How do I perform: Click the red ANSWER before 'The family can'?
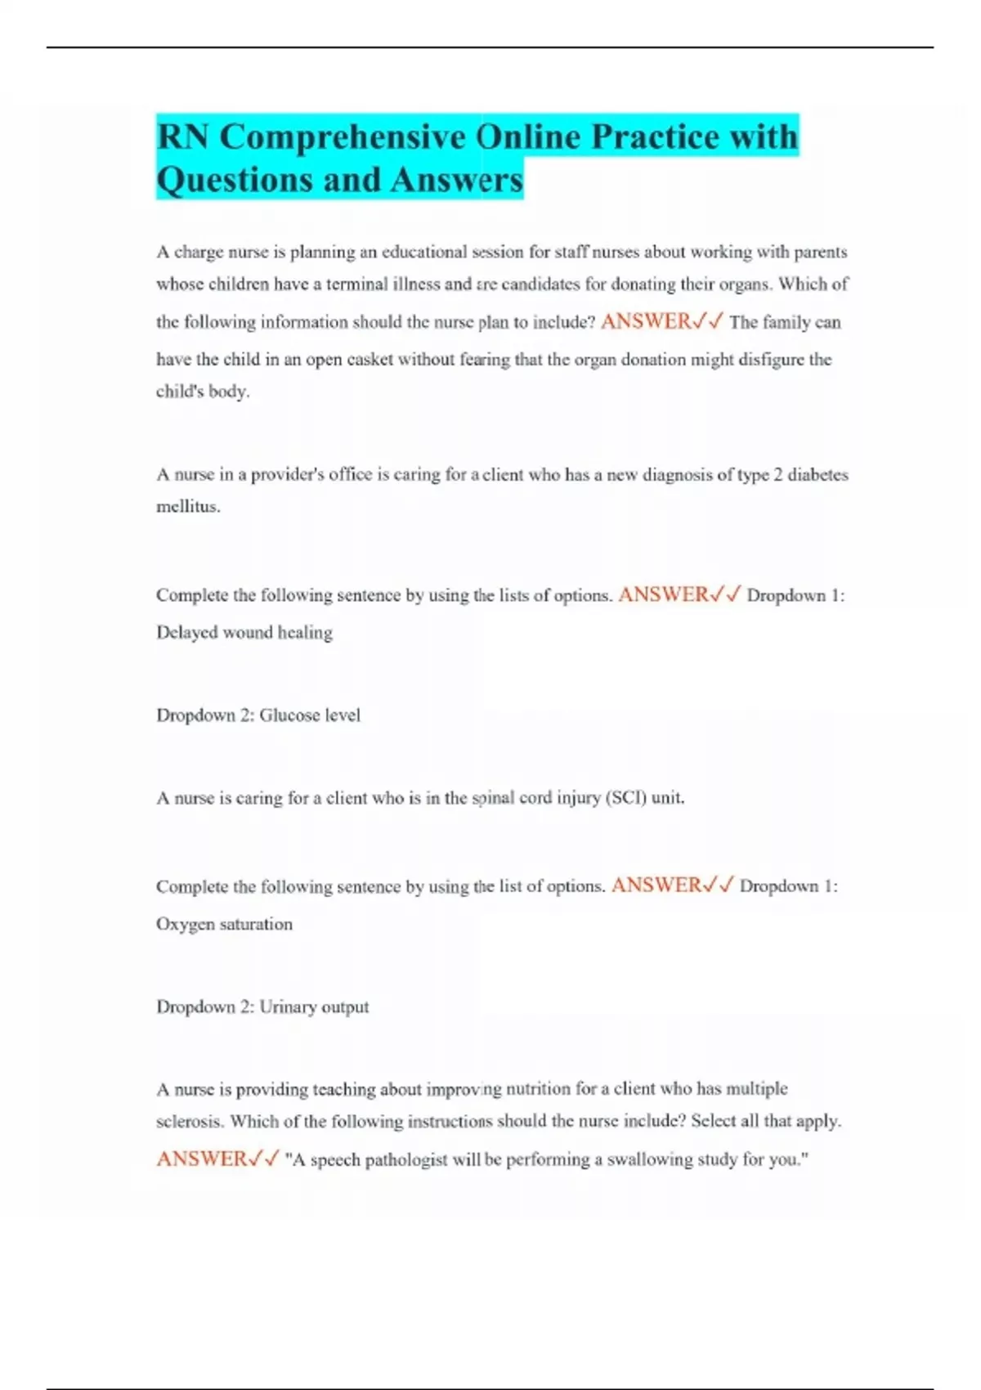[646, 321]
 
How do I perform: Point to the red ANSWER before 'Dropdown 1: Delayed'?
[664, 594]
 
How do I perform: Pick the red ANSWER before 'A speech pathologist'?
[201, 1159]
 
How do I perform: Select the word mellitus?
[187, 507]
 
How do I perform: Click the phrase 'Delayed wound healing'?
[244, 632]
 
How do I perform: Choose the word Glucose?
[289, 715]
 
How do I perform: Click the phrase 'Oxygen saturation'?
[224, 924]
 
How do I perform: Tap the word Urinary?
[288, 1007]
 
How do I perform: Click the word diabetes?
[817, 475]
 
